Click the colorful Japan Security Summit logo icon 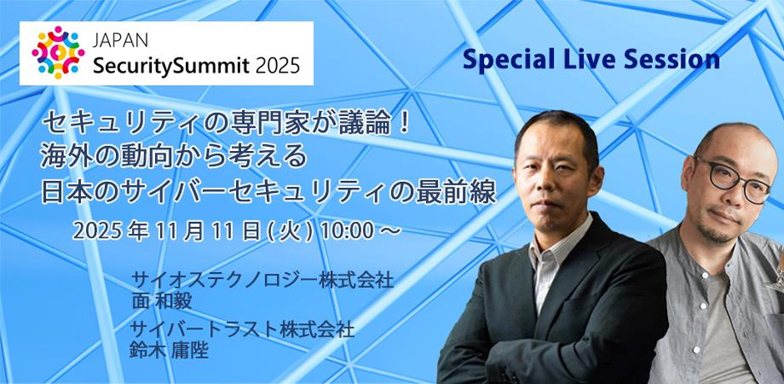(58, 53)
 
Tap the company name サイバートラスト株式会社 (243, 329)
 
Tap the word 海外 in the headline (68, 158)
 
